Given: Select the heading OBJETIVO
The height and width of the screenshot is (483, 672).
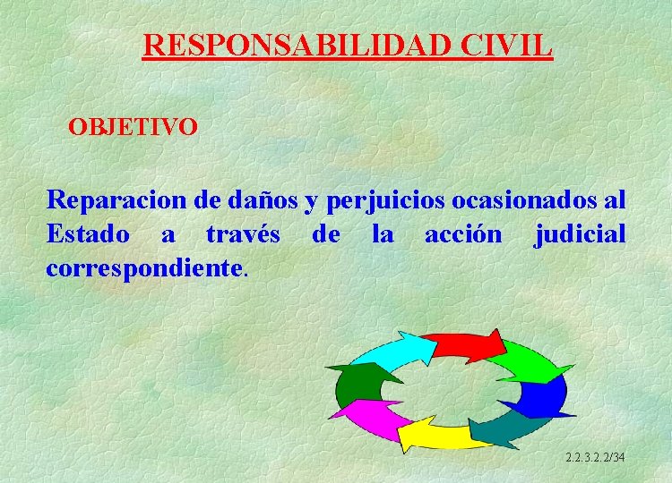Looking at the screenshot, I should [x=134, y=126].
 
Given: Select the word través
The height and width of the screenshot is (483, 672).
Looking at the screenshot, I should [x=243, y=234].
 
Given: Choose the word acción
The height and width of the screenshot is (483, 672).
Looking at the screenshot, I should [x=463, y=234].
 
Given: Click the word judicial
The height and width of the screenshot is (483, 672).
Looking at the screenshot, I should [x=580, y=234].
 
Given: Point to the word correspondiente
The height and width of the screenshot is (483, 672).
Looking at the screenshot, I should [x=143, y=267].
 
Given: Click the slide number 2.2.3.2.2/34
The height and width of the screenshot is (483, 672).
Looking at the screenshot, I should [x=595, y=458].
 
